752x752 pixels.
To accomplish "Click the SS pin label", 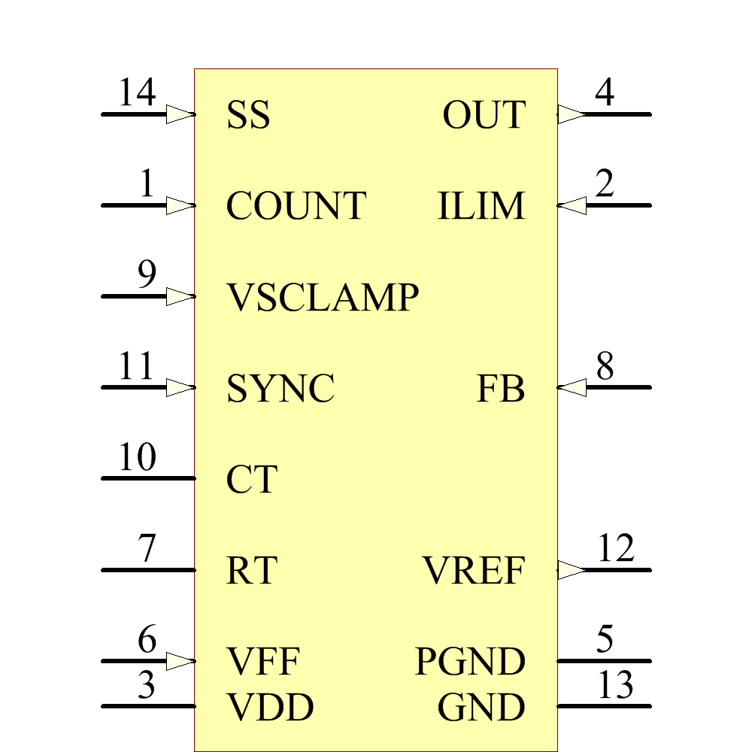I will tap(248, 116).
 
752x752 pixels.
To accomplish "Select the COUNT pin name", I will tap(296, 206).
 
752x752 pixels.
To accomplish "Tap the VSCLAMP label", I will tap(323, 298).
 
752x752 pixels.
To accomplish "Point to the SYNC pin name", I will tap(280, 389).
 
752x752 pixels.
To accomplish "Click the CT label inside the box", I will tap(252, 480).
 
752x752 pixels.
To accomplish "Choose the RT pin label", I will tap(251, 572).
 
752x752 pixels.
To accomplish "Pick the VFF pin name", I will tap(263, 663).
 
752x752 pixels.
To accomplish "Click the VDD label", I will tap(270, 708).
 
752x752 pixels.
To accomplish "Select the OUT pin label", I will tap(484, 116).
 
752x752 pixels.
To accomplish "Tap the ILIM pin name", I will tap(481, 206).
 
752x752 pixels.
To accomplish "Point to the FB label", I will tap(501, 389).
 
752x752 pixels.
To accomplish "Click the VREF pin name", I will tap(473, 572).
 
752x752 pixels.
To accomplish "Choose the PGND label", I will tap(470, 663).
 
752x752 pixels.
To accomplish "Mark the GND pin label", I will tap(481, 708).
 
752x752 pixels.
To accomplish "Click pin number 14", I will tap(137, 94).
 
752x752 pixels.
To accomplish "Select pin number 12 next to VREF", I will tap(616, 549).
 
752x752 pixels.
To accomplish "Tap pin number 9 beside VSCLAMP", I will tap(147, 275).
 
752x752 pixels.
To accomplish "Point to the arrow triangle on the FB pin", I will tap(572, 387).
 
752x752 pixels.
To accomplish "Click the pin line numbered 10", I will tap(148, 478).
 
